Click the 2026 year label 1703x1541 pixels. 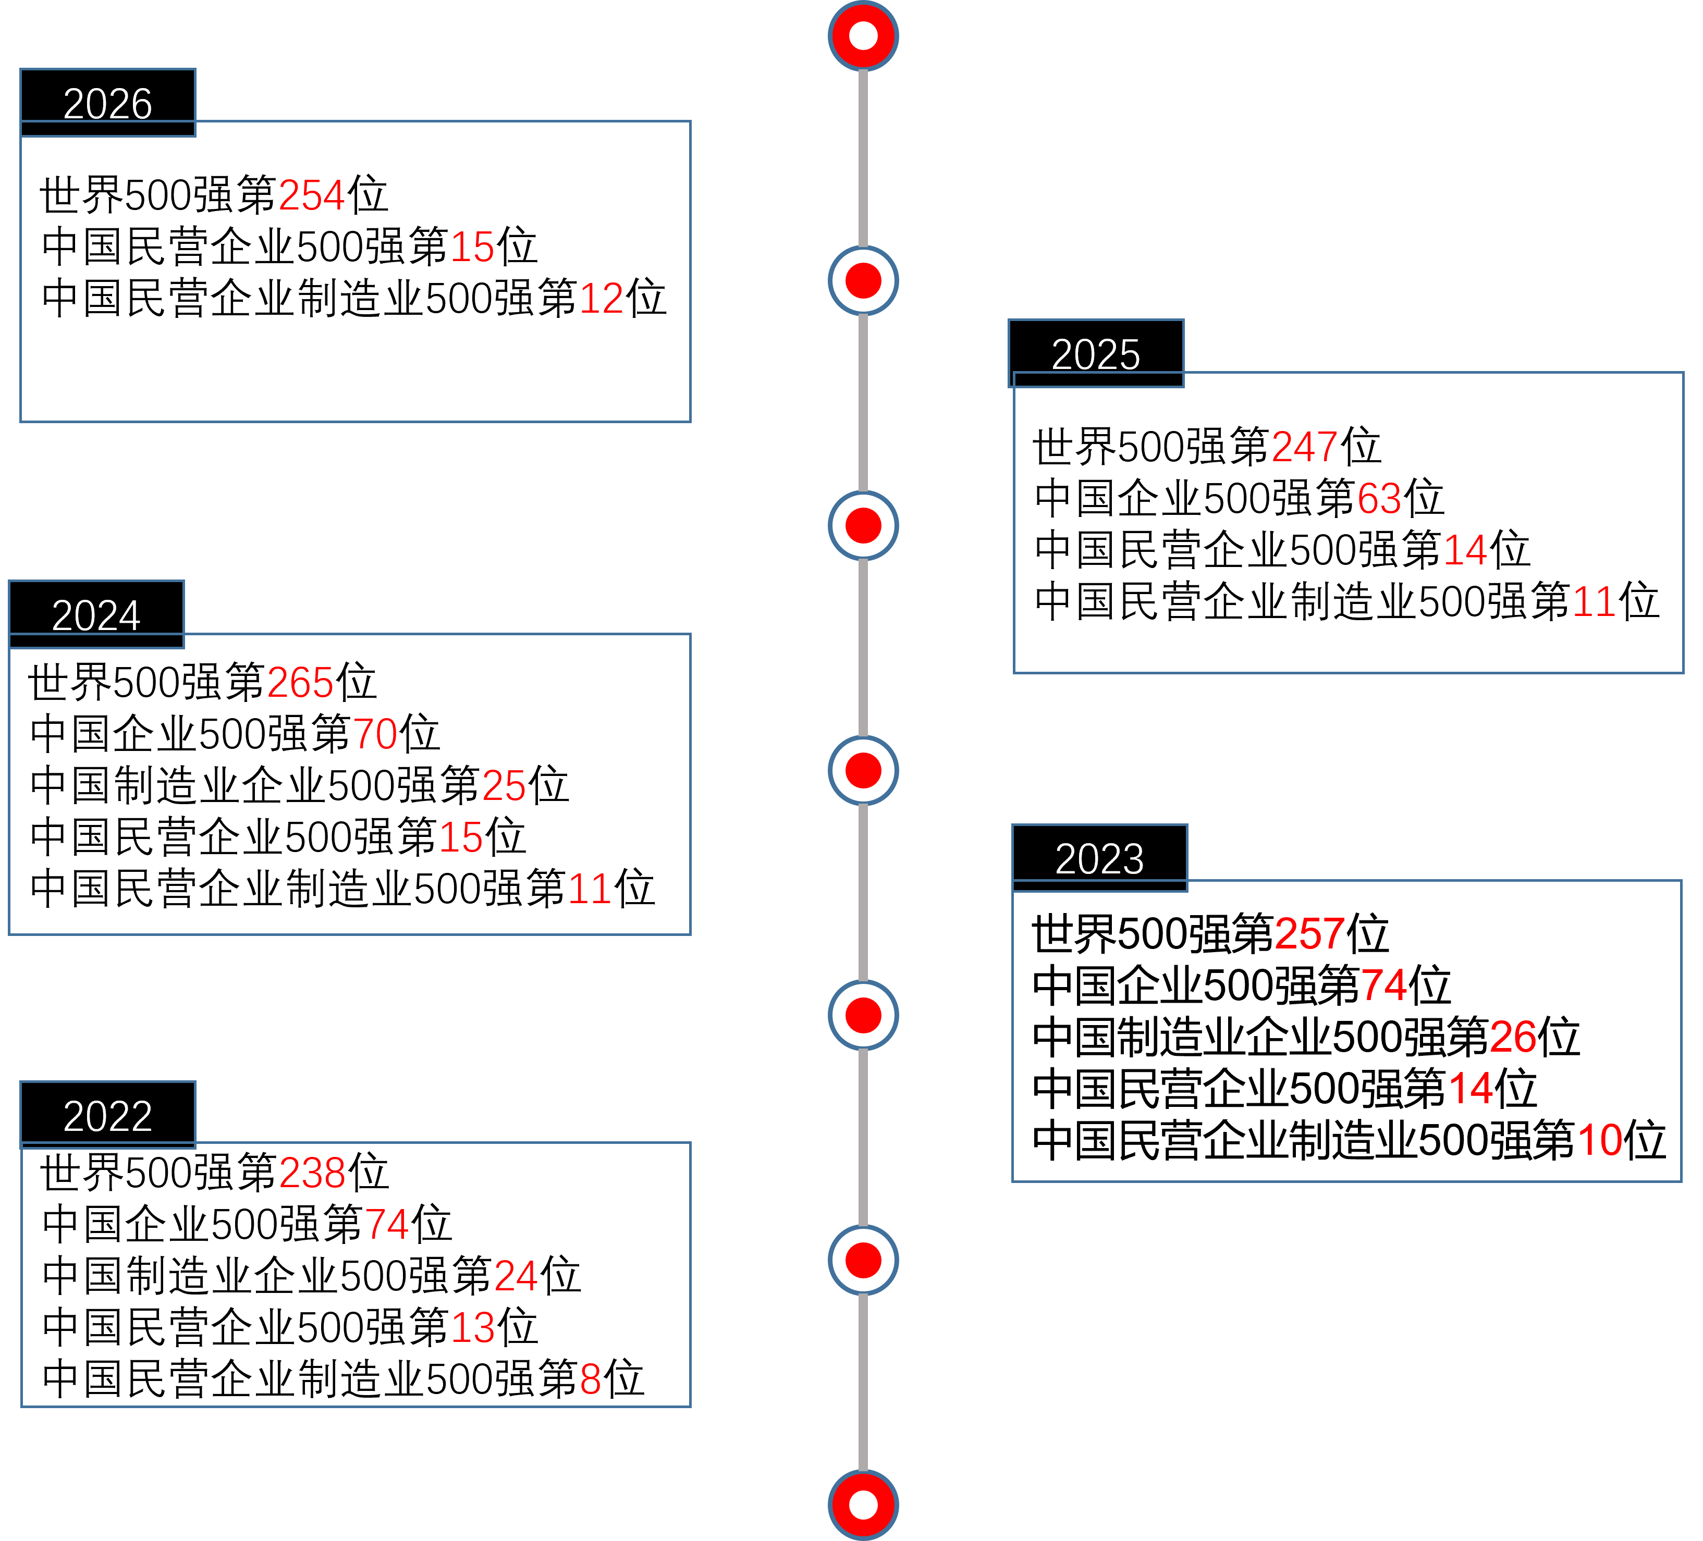(x=108, y=103)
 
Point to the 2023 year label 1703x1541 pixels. (x=1100, y=859)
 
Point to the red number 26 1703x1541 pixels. (x=1513, y=1038)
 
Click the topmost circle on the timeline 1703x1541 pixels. (x=863, y=35)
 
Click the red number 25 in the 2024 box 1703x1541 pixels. (x=504, y=786)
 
